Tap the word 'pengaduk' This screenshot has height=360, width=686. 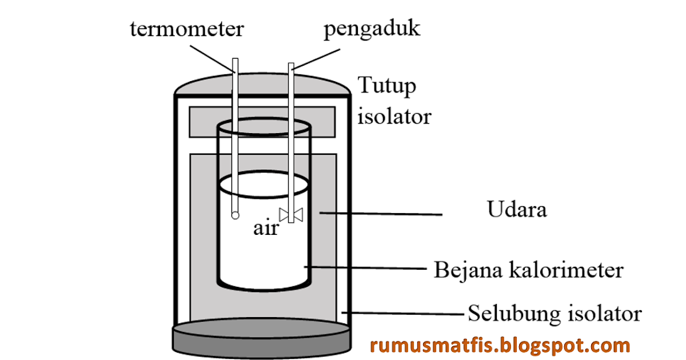click(372, 29)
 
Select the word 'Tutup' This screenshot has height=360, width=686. click(387, 86)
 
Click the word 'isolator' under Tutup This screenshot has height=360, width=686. click(394, 117)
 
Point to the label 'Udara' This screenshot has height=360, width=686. click(517, 210)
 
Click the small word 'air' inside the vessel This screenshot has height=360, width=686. click(266, 229)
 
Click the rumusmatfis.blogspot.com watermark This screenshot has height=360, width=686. click(500, 345)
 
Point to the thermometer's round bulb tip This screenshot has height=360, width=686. click(234, 215)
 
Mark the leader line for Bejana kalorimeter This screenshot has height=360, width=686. click(366, 267)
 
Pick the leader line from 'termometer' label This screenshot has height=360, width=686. click(211, 57)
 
